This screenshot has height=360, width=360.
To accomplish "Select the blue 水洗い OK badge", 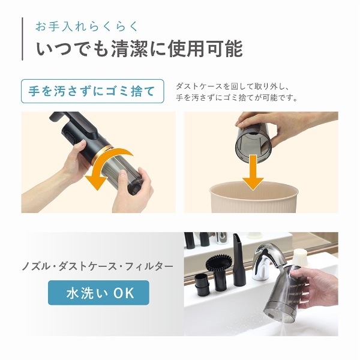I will pos(99,293).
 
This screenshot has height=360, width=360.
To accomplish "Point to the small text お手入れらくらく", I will pos(87,26).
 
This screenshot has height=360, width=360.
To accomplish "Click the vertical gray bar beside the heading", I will pos(22,39).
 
